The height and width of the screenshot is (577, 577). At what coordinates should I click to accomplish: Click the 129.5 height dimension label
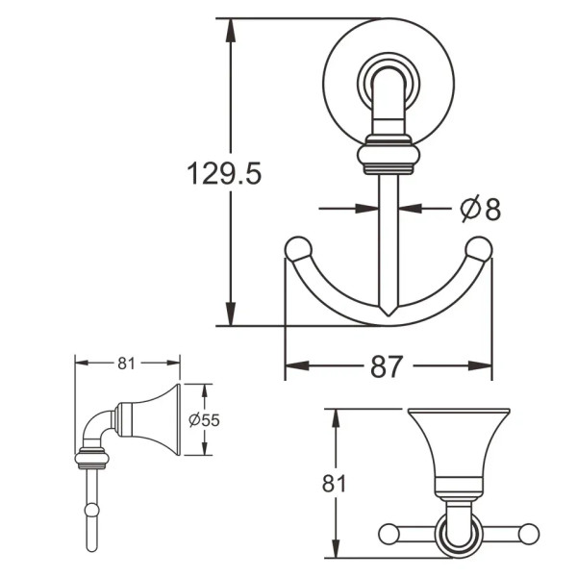tap(224, 173)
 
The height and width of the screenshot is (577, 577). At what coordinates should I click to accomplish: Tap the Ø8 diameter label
tap(481, 209)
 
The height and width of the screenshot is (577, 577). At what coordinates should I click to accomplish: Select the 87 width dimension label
tap(387, 366)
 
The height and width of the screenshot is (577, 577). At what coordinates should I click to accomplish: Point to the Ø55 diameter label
tap(204, 420)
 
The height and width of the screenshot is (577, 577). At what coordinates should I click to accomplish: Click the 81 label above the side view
tap(126, 364)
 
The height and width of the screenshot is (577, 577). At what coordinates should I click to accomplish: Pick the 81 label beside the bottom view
tap(334, 483)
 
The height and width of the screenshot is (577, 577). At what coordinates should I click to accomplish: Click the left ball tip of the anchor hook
tap(298, 249)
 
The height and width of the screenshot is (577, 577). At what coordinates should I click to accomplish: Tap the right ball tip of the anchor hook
tap(479, 249)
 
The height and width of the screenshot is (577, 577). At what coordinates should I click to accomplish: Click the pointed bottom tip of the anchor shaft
tap(389, 315)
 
